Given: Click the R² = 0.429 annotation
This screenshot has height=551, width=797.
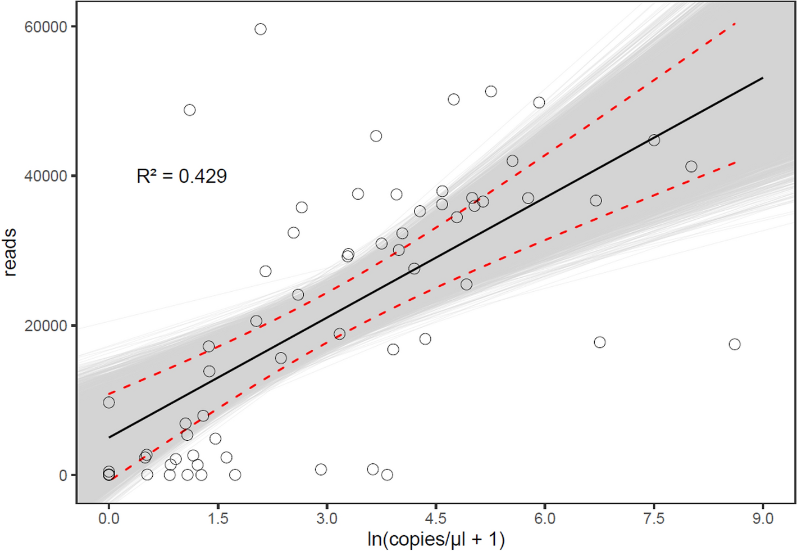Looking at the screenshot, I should point(181,177).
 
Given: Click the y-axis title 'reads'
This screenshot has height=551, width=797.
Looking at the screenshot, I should point(10,252).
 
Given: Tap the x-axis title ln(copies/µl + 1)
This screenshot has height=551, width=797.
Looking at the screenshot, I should point(436,539).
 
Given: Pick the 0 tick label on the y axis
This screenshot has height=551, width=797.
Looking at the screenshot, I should point(63,475).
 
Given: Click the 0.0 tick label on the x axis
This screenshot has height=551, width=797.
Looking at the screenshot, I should point(109,518).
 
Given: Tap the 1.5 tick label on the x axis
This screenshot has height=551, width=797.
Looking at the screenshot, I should point(218,518).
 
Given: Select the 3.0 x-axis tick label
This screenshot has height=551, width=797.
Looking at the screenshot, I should point(327,518).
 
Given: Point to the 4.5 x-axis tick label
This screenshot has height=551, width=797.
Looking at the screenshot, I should point(436,518).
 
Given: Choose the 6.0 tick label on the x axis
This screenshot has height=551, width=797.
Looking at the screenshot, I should point(545,518).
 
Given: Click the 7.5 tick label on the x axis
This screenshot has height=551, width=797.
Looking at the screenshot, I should point(654,518).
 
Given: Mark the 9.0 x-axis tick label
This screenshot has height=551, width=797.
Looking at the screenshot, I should point(763,518).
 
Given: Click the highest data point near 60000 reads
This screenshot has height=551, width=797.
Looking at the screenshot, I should point(260,29).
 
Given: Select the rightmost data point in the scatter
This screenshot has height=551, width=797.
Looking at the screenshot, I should point(735,344).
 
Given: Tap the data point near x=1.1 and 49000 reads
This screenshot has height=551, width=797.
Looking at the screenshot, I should point(190,110).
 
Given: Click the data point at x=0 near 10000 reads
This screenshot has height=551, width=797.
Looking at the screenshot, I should point(109,403).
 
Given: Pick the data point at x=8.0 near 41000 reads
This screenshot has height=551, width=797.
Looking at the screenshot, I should point(691,166).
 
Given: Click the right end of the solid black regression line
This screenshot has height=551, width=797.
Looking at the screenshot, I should point(762,78).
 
